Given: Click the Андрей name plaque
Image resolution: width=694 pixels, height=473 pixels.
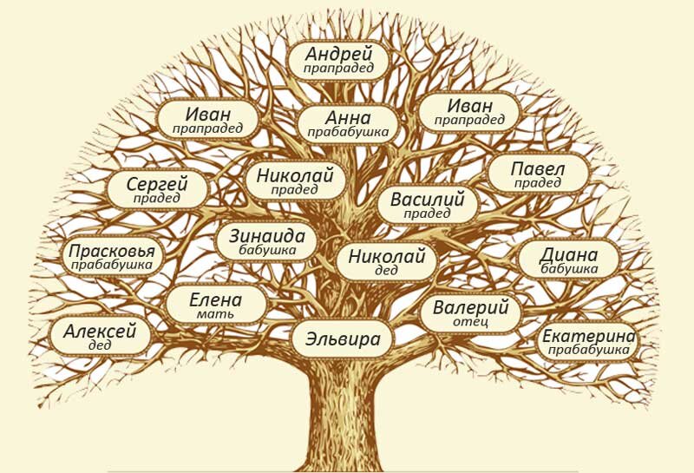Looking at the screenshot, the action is coord(338,59).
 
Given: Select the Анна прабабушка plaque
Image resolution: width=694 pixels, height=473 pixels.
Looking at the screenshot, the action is coord(348,123).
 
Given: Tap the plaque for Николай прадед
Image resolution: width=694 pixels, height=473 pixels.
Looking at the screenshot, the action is coord(295,181).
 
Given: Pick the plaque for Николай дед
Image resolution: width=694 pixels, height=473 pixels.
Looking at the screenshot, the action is coord(386,261).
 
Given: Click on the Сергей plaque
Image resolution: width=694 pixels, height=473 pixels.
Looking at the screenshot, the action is coord(157,189).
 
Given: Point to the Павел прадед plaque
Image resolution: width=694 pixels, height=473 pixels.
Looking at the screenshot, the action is coord(538,173).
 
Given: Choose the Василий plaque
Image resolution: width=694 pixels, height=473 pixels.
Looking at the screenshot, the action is coord(427,205).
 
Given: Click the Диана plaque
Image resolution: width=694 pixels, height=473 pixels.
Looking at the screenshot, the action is coord(569,259).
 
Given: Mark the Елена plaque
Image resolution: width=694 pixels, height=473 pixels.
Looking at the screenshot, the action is coord(215,305).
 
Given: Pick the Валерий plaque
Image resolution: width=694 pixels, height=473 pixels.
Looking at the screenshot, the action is coord(470,313).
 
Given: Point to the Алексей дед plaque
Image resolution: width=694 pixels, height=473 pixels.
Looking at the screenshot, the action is coord(100,336).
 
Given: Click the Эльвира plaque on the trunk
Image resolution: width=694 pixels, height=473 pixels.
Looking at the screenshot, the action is coord(343,338).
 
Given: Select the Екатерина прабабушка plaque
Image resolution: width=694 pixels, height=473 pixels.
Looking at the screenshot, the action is coord(588,342).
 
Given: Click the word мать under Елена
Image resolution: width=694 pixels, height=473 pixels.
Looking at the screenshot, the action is coord(215,314).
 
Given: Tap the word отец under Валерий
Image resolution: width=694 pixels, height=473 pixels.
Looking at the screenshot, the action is coord(470,322).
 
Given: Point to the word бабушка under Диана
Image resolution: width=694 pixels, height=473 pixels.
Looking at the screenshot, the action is coord(569,269).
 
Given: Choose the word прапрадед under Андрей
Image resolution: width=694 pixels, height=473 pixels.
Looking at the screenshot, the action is coord(338,68).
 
